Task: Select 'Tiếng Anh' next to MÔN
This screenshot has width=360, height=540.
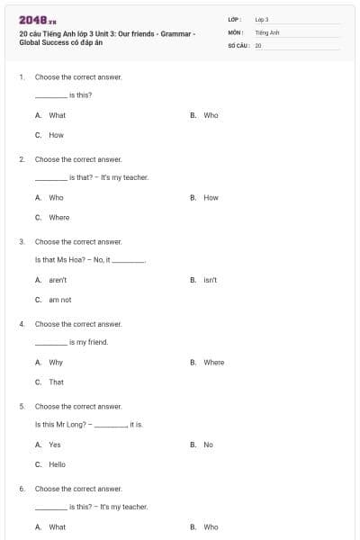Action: point(265,31)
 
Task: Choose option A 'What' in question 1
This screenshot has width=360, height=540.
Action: point(57,115)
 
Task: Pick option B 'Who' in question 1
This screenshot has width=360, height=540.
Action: point(211,115)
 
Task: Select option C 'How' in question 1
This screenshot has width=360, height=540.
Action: point(56,135)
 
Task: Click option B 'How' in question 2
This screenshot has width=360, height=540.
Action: point(211,197)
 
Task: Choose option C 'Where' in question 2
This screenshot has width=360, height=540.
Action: point(58,217)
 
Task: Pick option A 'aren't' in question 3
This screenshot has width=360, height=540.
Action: point(58,280)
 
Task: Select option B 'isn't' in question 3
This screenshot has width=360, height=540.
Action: point(210,280)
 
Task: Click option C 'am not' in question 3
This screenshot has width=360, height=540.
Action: point(59,300)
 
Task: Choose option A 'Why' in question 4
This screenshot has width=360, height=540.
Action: point(56,362)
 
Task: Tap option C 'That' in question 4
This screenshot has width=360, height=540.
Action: point(56,382)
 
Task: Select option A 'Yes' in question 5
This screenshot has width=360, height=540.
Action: point(55,445)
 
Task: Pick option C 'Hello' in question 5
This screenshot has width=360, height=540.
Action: point(57,464)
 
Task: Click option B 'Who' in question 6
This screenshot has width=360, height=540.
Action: point(211,526)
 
